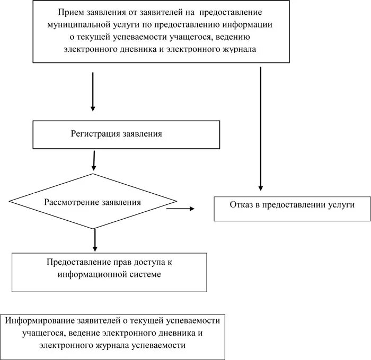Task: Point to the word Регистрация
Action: click(x=95, y=134)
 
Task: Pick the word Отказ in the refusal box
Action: click(x=241, y=204)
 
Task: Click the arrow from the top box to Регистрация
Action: click(x=93, y=91)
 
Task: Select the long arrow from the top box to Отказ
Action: click(x=261, y=127)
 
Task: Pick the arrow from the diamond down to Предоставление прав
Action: click(x=95, y=240)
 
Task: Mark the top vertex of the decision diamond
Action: click(x=93, y=174)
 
